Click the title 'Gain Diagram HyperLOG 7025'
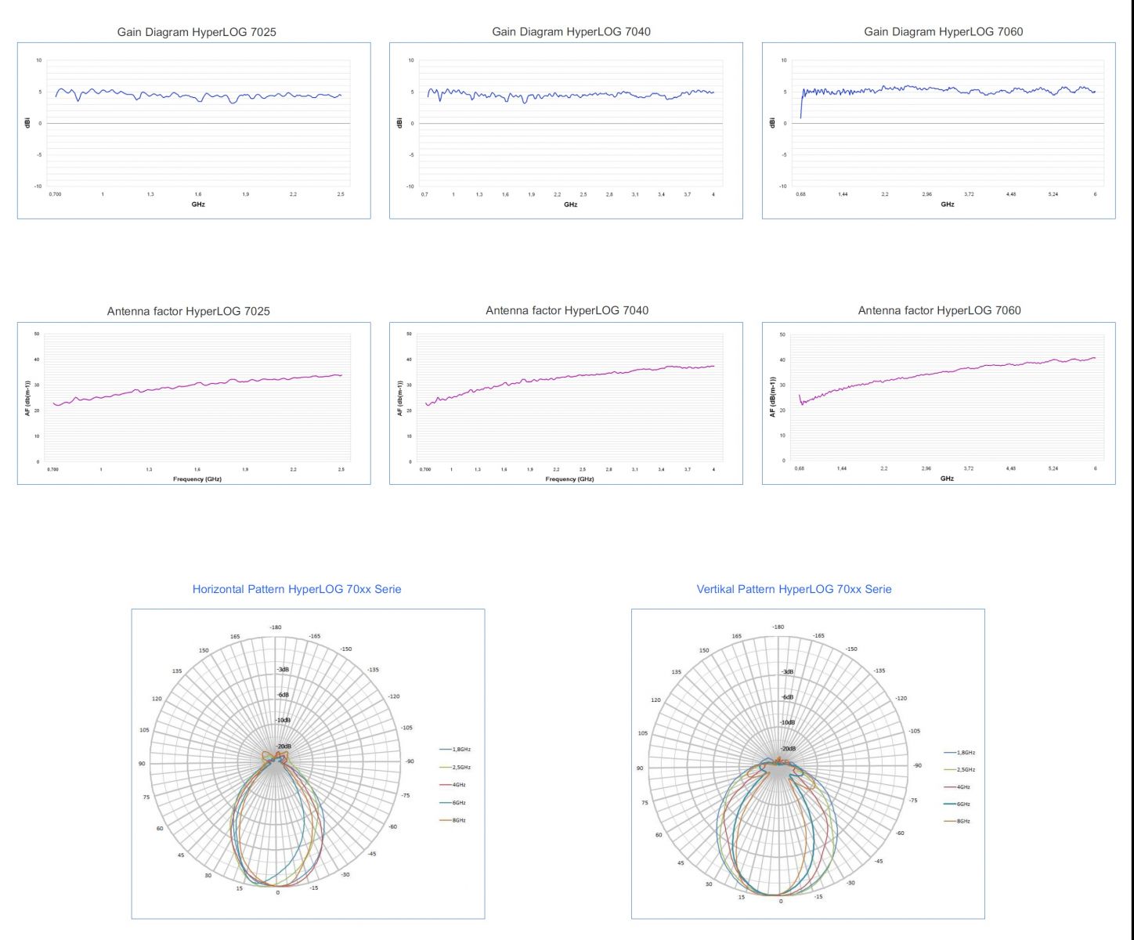[197, 32]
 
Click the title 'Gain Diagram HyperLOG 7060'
[943, 31]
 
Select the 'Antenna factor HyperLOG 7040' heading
[567, 310]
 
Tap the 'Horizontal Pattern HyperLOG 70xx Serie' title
[297, 589]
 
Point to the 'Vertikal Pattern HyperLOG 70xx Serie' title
[794, 589]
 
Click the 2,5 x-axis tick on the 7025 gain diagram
[341, 193]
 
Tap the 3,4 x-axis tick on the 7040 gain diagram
[661, 193]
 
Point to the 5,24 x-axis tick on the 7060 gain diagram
[1053, 193]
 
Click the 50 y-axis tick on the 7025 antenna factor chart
[37, 334]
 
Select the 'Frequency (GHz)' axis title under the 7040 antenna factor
[569, 479]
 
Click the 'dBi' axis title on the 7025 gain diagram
[28, 123]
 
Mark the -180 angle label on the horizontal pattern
[276, 627]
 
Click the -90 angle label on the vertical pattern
[917, 765]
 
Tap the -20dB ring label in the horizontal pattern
[283, 747]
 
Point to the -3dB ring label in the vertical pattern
[787, 671]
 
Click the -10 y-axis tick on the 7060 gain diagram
[783, 186]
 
